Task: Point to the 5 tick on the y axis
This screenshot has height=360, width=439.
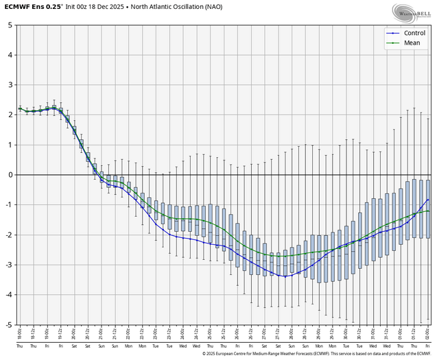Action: (x=10, y=25)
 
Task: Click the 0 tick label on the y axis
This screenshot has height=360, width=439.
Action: (x=10, y=175)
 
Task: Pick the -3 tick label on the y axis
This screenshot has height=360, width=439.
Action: (x=8, y=265)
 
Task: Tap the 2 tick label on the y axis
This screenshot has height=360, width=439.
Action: (x=10, y=115)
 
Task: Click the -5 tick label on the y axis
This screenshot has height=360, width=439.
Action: (x=8, y=324)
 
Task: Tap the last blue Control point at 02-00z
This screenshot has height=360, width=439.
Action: (x=428, y=200)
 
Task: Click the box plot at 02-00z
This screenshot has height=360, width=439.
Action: (x=428, y=209)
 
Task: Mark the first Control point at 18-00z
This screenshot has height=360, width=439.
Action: (x=20, y=108)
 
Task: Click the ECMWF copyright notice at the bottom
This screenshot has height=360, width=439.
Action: (x=320, y=354)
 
